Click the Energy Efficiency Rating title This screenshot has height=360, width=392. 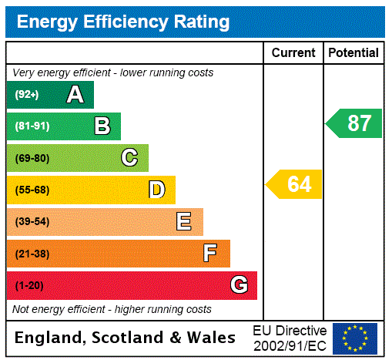click(123, 22)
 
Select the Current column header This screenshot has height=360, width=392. click(293, 53)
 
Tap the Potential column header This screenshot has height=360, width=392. click(353, 53)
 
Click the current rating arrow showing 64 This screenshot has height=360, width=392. click(295, 184)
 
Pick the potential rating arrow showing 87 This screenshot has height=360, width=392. click(354, 123)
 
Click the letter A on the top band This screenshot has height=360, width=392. click(75, 95)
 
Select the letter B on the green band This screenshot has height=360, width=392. click(102, 126)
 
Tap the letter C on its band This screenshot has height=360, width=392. click(129, 158)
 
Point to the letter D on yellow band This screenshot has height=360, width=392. click(156, 190)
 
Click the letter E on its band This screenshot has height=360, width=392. click(184, 222)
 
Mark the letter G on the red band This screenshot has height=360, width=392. click(239, 285)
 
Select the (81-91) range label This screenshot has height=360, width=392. click(32, 126)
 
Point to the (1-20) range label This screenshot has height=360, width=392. click(29, 286)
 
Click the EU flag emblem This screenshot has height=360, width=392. click(355, 338)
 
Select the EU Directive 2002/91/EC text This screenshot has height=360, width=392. click(290, 338)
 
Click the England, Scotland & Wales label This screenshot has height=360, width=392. click(126, 338)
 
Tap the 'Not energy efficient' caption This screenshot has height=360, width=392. click(112, 309)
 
